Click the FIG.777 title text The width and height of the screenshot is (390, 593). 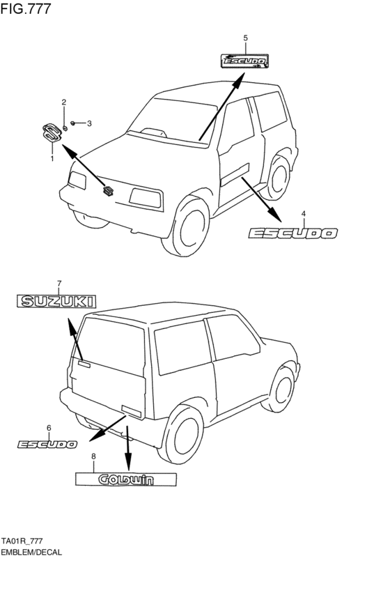pos(25,8)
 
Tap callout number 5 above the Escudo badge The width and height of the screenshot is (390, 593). pos(246,38)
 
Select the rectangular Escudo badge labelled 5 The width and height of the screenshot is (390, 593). pos(245,61)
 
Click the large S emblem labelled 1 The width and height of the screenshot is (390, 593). pos(52,133)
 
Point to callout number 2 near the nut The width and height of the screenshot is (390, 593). pos(64,102)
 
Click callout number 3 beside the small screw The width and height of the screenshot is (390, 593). pos(89,123)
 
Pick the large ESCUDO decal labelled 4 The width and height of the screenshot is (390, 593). pos(293,233)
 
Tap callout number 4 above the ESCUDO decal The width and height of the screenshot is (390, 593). pos(304,214)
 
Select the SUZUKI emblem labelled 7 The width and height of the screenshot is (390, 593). pos(56,302)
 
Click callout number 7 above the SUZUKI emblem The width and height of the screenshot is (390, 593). pos(59,283)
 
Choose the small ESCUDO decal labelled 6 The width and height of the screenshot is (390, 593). pos(47,445)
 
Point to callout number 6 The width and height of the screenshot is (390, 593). pos(49,428)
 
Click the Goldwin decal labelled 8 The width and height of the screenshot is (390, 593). pos(126,479)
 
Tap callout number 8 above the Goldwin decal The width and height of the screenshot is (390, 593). pos(94,456)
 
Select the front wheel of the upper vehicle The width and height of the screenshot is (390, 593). pos(187,226)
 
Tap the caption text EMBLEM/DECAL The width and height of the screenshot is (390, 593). pos(31,552)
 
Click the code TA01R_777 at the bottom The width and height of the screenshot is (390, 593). pos(22,541)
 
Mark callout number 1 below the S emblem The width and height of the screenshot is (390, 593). pos(52,158)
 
